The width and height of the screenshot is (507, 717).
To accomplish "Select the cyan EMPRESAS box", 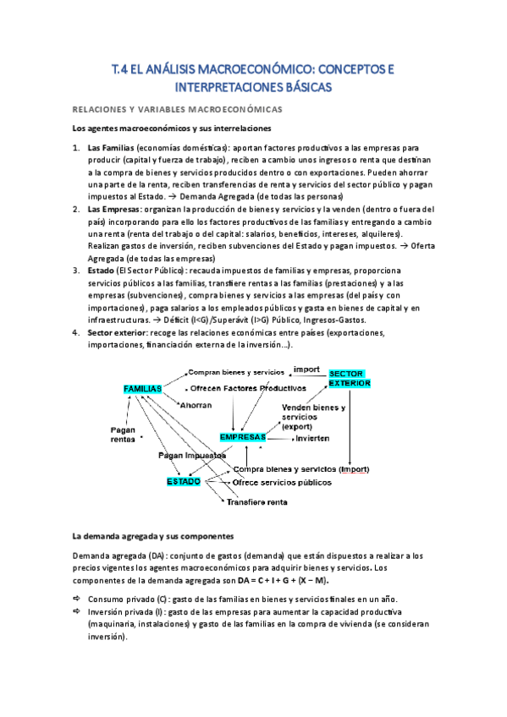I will (x=242, y=437).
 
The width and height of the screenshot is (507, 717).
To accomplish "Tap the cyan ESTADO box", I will (x=184, y=482).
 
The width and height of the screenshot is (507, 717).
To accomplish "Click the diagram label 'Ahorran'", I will (x=196, y=405).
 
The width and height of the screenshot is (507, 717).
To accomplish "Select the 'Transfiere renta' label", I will (x=256, y=501).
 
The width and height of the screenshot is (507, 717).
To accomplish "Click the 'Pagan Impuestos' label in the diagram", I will (x=190, y=455).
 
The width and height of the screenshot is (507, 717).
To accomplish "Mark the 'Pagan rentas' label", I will (x=123, y=434).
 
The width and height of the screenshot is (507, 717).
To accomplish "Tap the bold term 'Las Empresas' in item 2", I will (x=114, y=209).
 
